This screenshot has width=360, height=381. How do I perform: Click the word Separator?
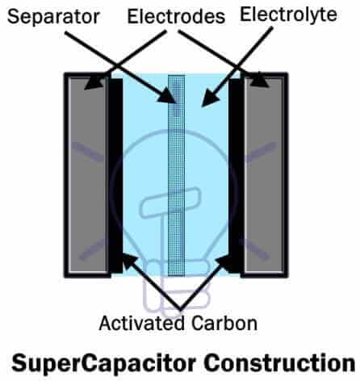pyautogui.click(x=53, y=17)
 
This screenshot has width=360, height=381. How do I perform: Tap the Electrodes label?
pyautogui.click(x=176, y=16)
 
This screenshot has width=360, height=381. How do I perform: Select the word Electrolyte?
pyautogui.click(x=288, y=15)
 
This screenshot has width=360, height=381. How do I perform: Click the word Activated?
pyautogui.click(x=142, y=323)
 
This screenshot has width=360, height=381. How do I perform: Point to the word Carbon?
pyautogui.click(x=224, y=323)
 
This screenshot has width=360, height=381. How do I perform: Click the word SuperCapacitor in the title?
pyautogui.click(x=103, y=364)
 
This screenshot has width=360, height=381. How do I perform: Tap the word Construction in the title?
pyautogui.click(x=279, y=362)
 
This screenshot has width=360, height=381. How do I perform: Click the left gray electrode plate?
pyautogui.click(x=88, y=175)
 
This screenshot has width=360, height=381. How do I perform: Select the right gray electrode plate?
pyautogui.click(x=264, y=175)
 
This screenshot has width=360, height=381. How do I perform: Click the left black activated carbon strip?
pyautogui.click(x=115, y=175)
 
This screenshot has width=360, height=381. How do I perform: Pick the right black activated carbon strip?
pyautogui.click(x=237, y=175)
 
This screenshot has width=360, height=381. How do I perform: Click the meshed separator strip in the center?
pyautogui.click(x=177, y=175)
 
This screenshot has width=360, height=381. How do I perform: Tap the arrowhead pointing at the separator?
pyautogui.click(x=168, y=96)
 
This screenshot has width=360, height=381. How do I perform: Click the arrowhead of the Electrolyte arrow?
pyautogui.click(x=209, y=98)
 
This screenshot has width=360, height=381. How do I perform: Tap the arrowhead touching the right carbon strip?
pyautogui.click(x=224, y=262)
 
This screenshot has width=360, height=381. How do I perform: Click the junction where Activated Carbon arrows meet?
pyautogui.click(x=181, y=307)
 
